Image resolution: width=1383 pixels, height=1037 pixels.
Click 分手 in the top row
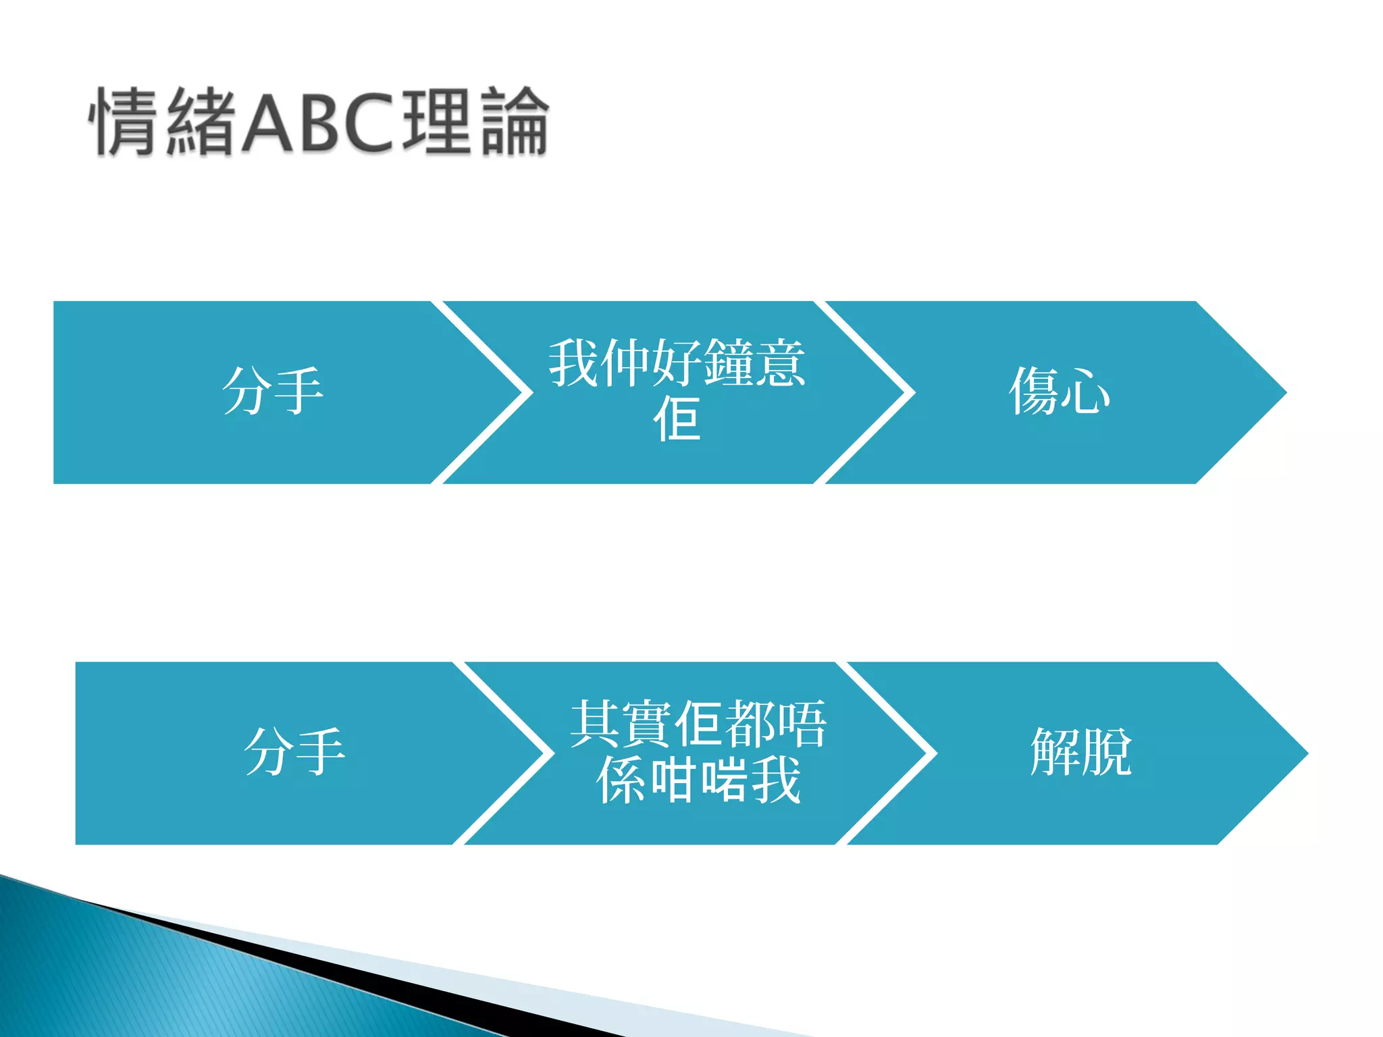pyautogui.click(x=272, y=392)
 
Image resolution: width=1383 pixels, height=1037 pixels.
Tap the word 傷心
pyautogui.click(x=1059, y=392)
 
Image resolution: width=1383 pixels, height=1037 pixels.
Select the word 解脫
pyautogui.click(x=1080, y=752)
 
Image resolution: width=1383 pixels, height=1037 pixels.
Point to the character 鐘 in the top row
pyautogui.click(x=729, y=363)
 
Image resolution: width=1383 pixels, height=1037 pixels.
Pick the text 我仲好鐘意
pyautogui.click(x=677, y=363)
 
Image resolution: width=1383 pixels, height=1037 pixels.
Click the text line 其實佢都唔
pyautogui.click(x=698, y=724)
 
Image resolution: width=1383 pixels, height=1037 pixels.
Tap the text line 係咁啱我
pyautogui.click(x=698, y=780)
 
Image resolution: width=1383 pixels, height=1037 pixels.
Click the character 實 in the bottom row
pyautogui.click(x=647, y=724)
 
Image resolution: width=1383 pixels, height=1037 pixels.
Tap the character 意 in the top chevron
pyautogui.click(x=781, y=363)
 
